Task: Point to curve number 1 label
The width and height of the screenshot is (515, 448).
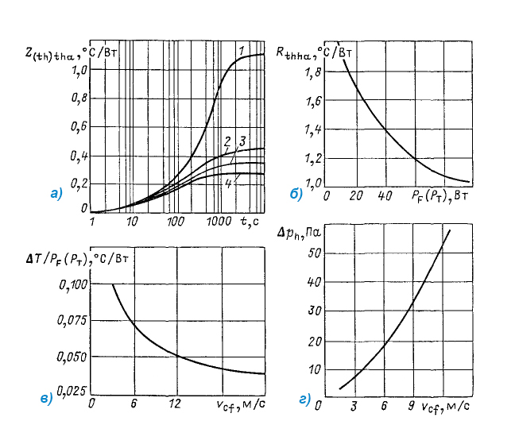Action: pyautogui.click(x=239, y=51)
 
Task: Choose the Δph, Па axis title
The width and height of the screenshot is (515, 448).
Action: pyautogui.click(x=297, y=234)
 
